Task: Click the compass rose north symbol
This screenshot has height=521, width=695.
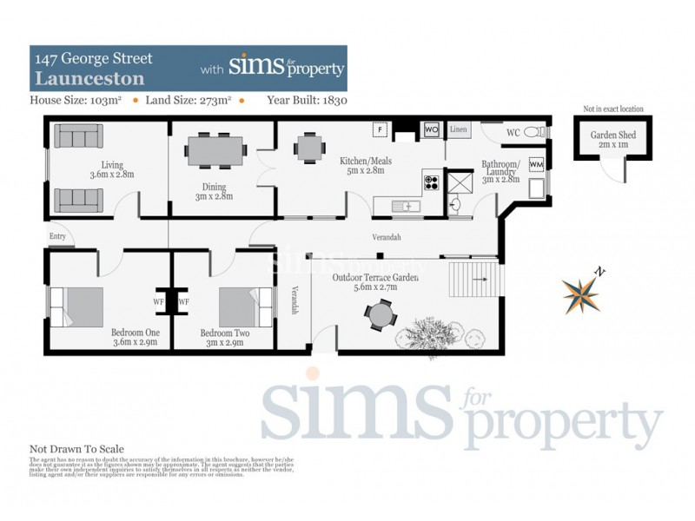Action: coord(581,292)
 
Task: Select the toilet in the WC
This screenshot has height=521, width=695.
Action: coord(539,133)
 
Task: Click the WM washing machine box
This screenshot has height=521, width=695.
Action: coord(536,164)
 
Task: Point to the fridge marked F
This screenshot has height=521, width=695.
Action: coord(379,130)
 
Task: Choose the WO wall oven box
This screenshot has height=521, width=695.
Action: coord(431,130)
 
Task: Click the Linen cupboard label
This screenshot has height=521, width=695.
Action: coord(460,130)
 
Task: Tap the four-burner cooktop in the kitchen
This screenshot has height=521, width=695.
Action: coord(431,182)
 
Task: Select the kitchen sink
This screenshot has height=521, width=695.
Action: coord(405,206)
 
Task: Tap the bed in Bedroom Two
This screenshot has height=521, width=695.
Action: coord(235,305)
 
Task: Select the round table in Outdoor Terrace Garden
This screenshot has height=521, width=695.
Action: coord(380,313)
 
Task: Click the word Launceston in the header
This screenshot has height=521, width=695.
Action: coord(76,77)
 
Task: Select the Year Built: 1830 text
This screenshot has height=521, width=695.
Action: coord(307,100)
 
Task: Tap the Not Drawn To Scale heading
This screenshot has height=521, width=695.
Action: coord(76,449)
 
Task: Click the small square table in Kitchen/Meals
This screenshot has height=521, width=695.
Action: coord(309,148)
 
